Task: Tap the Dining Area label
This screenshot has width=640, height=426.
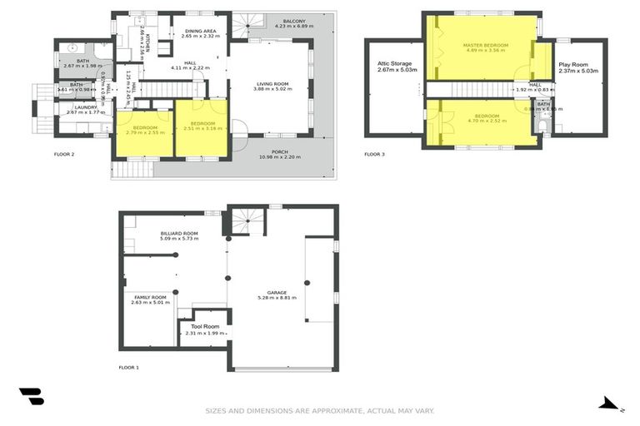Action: [x=200, y=30]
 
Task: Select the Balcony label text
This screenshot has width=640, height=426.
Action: [x=293, y=20]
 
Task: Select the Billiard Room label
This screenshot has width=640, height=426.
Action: [x=179, y=234]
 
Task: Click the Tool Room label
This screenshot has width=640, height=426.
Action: [x=204, y=326]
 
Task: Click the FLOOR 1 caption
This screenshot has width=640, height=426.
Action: [x=128, y=367]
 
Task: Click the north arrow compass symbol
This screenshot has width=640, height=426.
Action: [x=610, y=404]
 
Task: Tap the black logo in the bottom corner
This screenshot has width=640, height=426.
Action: [x=31, y=397]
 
